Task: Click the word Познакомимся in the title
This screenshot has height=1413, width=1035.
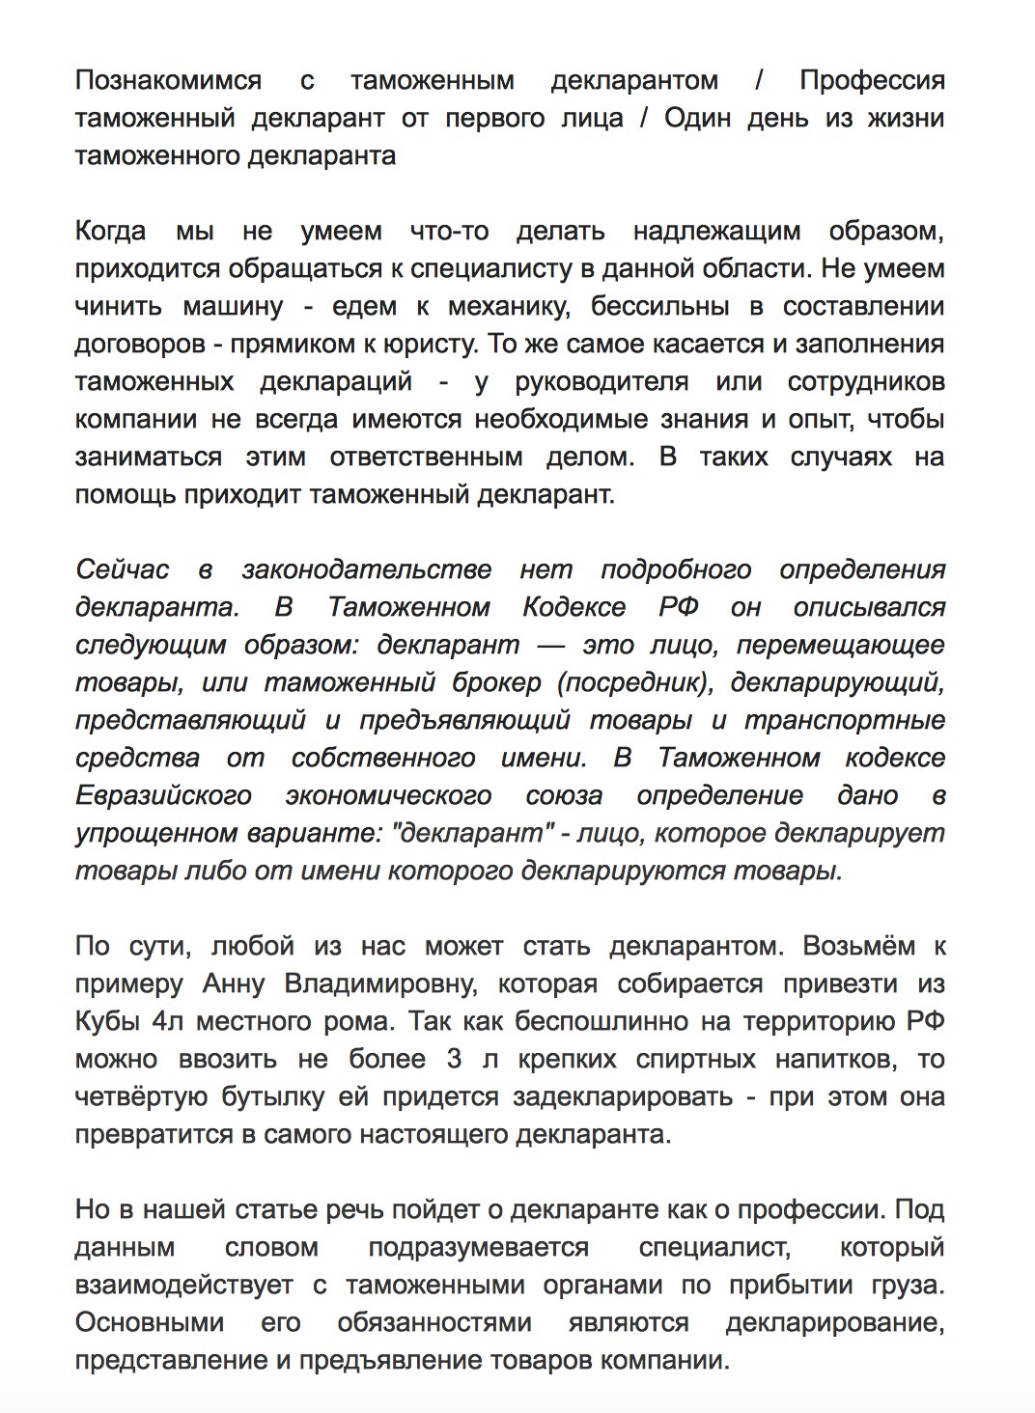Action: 168,80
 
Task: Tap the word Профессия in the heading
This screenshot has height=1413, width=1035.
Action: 872,80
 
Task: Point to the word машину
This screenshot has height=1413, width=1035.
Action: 233,306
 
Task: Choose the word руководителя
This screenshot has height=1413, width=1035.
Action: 601,381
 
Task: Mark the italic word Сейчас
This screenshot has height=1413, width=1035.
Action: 123,569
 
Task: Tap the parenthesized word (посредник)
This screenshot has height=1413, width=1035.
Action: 635,682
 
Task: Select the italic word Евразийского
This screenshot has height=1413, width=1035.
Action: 163,795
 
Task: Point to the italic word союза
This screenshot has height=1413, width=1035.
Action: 564,795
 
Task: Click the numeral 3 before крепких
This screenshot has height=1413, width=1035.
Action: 454,1059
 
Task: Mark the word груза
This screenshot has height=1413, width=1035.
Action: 907,1285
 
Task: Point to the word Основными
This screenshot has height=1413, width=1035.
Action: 150,1322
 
